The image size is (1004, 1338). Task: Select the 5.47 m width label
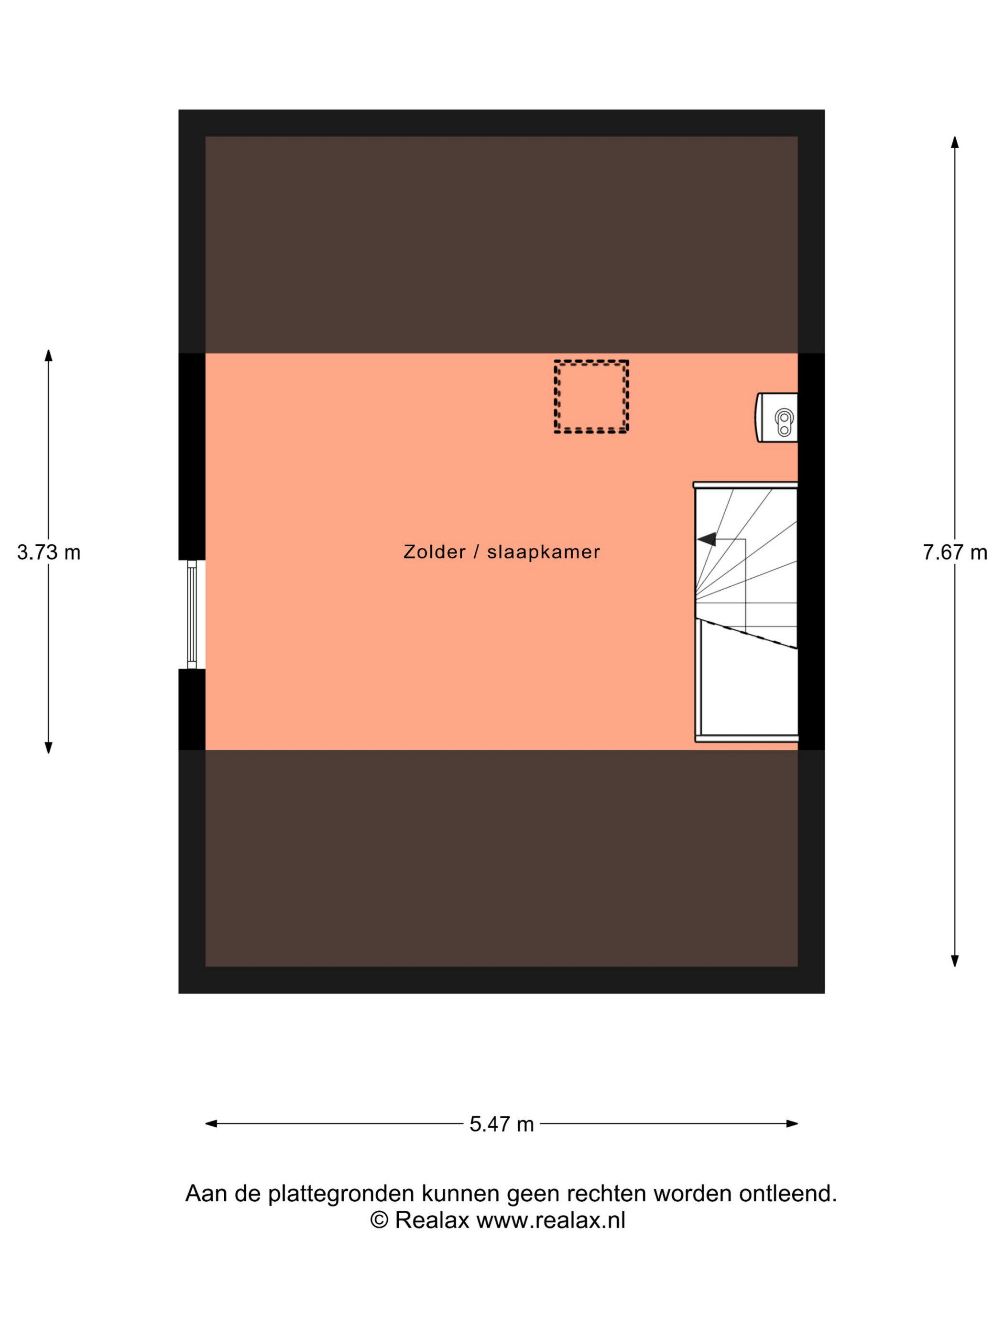[x=501, y=1124]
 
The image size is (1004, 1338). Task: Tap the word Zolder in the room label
[x=435, y=551]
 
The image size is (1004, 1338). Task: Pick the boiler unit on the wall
[x=776, y=417]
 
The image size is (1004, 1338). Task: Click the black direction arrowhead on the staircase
[x=706, y=539]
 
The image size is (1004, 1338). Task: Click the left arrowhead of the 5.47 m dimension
[x=212, y=1124]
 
